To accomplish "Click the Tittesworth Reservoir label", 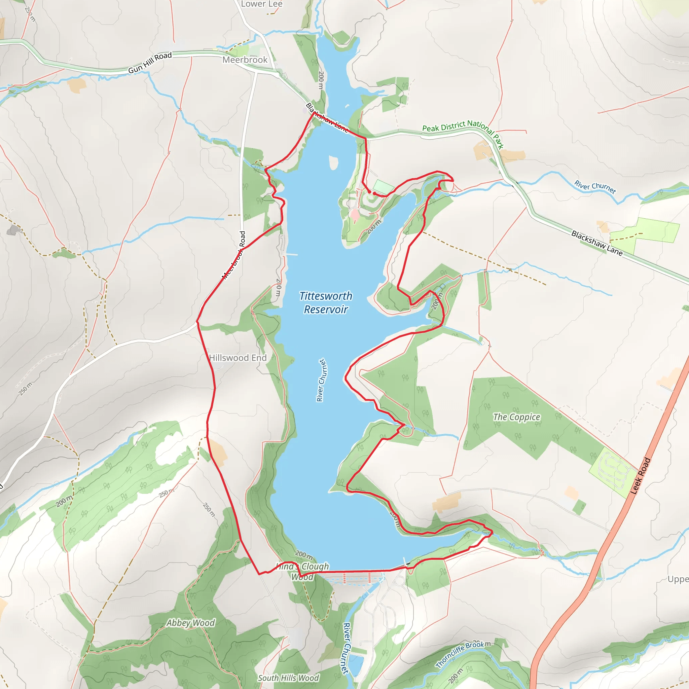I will coord(326,302).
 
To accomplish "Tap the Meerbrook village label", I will coord(245,60).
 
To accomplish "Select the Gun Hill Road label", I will coord(150,63).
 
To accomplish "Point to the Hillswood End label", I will coord(238,358).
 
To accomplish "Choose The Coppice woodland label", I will coord(516,417).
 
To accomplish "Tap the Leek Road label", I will coord(641,476).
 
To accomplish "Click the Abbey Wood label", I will coord(191,623).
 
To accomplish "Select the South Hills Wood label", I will coord(288,678).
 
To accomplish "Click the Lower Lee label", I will coord(261,4).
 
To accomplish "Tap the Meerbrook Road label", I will coord(234,255).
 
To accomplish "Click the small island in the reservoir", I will coord(333,162).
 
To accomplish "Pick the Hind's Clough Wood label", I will coord(302,571).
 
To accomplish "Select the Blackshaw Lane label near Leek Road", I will coord(596,243).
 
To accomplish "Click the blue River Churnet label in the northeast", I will coord(595,187).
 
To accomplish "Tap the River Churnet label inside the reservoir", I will coord(321,380).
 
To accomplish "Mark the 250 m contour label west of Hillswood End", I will coord(25,388).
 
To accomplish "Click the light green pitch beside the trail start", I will coord(384,186).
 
